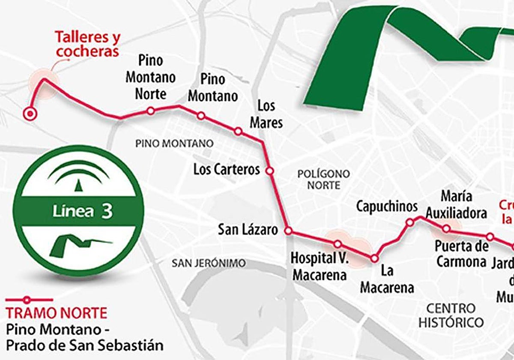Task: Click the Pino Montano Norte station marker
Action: click(x=150, y=111)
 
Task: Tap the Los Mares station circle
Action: click(x=238, y=131)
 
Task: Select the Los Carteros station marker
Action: click(x=269, y=171)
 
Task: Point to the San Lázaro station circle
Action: click(x=288, y=231)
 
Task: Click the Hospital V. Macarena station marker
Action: click(x=338, y=244)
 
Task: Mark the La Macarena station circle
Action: click(x=374, y=258)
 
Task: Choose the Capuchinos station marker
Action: click(x=409, y=222)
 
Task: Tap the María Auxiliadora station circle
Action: click(x=446, y=229)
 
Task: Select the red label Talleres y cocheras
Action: click(x=87, y=44)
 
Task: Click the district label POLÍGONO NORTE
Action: click(x=323, y=180)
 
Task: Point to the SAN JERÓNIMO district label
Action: click(x=209, y=263)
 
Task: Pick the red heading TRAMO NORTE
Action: click(x=56, y=313)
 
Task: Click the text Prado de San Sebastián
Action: click(x=85, y=345)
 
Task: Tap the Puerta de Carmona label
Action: click(x=462, y=254)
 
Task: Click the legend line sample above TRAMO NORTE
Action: click(x=28, y=300)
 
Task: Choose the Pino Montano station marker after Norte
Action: click(x=200, y=116)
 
